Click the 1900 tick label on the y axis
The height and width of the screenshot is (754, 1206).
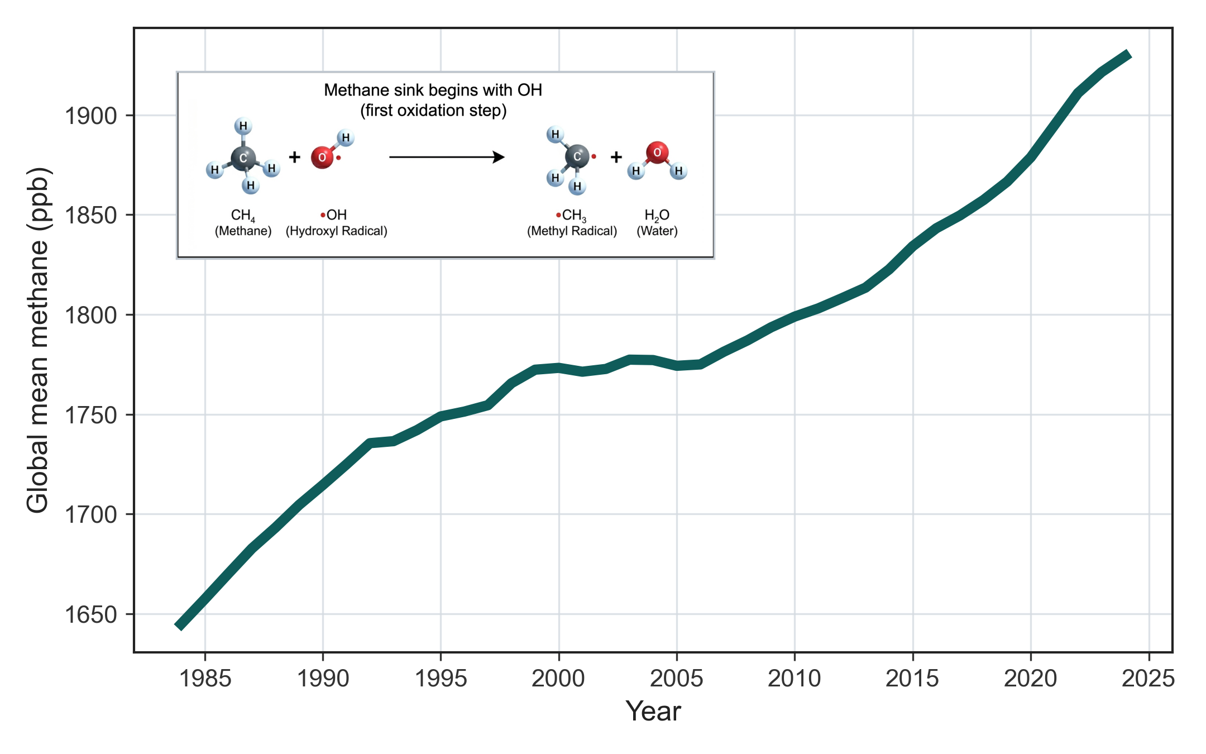pyautogui.click(x=90, y=116)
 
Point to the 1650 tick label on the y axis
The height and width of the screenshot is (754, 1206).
pyautogui.click(x=90, y=614)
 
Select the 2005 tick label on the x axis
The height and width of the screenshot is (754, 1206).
pyautogui.click(x=676, y=679)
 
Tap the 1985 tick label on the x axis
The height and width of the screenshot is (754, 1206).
pyautogui.click(x=205, y=679)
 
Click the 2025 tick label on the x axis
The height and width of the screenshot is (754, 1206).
pyautogui.click(x=1148, y=679)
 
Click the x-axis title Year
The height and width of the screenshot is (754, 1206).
pyautogui.click(x=653, y=712)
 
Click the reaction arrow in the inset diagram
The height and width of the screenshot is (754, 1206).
pyautogui.click(x=447, y=157)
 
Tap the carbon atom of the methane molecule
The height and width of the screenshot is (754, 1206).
pyautogui.click(x=243, y=158)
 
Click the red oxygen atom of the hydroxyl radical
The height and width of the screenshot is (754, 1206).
pyautogui.click(x=322, y=158)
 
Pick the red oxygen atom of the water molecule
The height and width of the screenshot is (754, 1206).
pyautogui.click(x=657, y=152)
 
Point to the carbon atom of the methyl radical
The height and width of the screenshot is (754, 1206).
pyautogui.click(x=577, y=156)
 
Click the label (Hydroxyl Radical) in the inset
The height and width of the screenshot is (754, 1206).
pyautogui.click(x=336, y=231)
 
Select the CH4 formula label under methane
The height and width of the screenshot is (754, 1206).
pyautogui.click(x=243, y=216)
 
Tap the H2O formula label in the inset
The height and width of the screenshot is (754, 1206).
pyautogui.click(x=657, y=216)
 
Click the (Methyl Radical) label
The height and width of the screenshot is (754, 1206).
pyautogui.click(x=572, y=231)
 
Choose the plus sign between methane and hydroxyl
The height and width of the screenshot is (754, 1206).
pyautogui.click(x=294, y=157)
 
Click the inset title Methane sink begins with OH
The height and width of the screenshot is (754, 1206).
pyautogui.click(x=433, y=90)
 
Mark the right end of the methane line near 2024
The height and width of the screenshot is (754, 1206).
pyautogui.click(x=1128, y=55)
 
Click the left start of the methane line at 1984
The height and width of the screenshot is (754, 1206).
pyautogui.click(x=180, y=626)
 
